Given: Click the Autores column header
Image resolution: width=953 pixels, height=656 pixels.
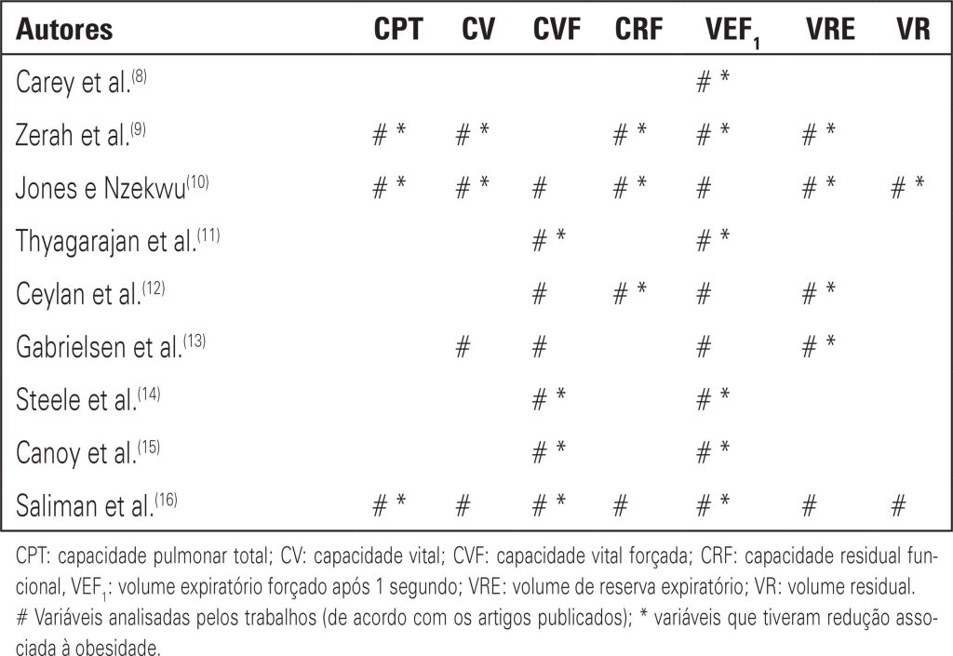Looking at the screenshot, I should click(64, 30).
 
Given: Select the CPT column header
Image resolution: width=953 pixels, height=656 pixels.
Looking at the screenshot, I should click(397, 30).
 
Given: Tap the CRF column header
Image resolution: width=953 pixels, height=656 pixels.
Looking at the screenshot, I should click(638, 30).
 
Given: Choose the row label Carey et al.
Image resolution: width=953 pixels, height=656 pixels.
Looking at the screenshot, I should click(80, 82).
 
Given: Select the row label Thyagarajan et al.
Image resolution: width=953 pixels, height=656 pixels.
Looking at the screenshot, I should click(117, 241).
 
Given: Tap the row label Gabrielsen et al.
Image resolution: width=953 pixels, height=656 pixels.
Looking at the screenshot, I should click(111, 347).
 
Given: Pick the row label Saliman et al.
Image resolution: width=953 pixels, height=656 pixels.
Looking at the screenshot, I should click(96, 505).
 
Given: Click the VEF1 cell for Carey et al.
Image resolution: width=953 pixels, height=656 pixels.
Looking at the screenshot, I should click(714, 82).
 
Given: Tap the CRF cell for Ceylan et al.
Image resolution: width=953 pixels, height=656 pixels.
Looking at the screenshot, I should click(629, 294).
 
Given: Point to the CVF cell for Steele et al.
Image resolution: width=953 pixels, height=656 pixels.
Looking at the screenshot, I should click(548, 400).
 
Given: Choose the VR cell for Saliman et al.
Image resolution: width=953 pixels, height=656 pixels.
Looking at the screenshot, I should click(898, 505).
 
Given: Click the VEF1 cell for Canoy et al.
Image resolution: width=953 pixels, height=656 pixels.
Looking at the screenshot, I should click(714, 453).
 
